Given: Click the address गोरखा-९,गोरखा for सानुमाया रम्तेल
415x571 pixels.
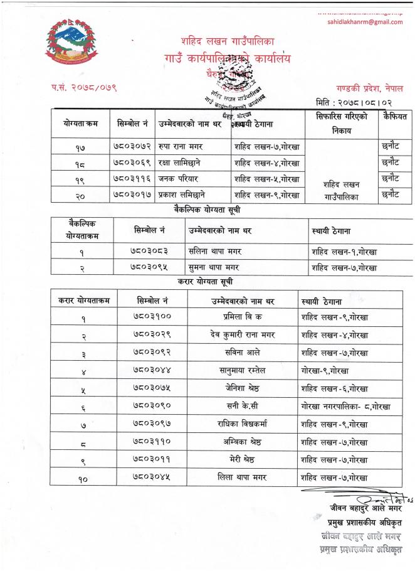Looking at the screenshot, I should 326,370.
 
